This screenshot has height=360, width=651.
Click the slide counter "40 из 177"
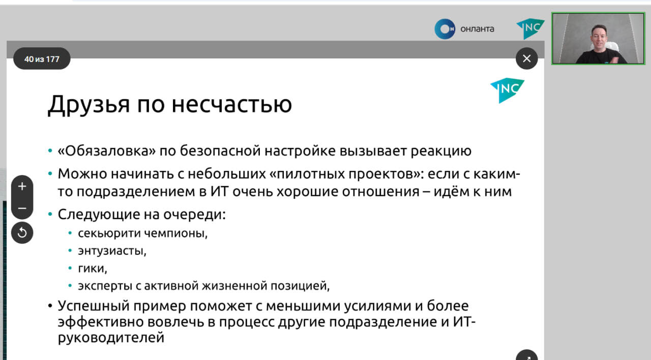click(42, 59)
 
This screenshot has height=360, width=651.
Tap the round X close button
click(526, 58)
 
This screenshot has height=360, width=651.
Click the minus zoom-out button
click(22, 208)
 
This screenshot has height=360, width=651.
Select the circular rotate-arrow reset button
click(22, 233)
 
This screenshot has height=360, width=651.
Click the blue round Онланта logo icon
click(445, 29)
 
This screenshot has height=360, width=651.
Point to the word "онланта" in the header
click(477, 29)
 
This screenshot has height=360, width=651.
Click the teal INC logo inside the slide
click(508, 91)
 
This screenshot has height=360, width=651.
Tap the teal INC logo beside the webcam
click(530, 28)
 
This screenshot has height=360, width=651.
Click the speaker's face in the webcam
click(599, 38)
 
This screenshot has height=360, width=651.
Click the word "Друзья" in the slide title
click(88, 105)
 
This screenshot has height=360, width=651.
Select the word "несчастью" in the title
click(231, 105)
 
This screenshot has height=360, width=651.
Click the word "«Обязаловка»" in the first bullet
click(107, 151)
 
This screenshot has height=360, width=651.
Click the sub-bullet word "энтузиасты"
click(112, 251)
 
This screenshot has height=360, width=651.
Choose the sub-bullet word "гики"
click(93, 268)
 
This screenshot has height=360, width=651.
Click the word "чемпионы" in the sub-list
click(175, 233)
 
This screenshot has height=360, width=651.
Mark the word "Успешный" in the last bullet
click(93, 306)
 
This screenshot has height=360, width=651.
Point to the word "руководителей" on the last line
click(111, 338)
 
